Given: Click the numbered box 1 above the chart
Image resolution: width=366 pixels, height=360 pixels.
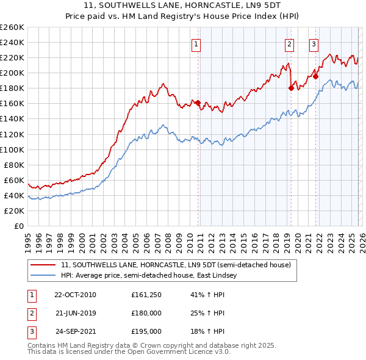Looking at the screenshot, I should coord(196,43).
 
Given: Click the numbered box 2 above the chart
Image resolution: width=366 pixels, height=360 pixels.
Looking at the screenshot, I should coord(289,43).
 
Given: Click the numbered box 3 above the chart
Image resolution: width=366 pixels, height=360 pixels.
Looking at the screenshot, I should coord(313,43).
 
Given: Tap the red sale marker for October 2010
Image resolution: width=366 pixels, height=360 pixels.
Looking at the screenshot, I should coord(198,103).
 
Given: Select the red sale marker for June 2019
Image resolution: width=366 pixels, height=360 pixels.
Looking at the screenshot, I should coord(291,88).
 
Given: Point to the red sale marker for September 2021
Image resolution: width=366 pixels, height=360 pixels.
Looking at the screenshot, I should coord(315,76).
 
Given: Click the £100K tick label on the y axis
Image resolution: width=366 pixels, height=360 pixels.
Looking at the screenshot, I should coord(12,149).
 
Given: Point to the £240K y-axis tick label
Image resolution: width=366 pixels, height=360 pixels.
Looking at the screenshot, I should coord(12,42).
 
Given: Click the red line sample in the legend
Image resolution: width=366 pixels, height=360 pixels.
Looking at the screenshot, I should coord(43,265).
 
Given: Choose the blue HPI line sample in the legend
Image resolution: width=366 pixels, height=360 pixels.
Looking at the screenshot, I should coord(43,276).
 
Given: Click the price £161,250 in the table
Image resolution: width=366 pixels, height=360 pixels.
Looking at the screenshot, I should coord(146,295).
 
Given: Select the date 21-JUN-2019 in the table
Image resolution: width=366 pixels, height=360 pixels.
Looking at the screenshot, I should coord(75,313).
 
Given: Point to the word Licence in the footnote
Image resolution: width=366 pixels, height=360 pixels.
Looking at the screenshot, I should coord(194,352).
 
